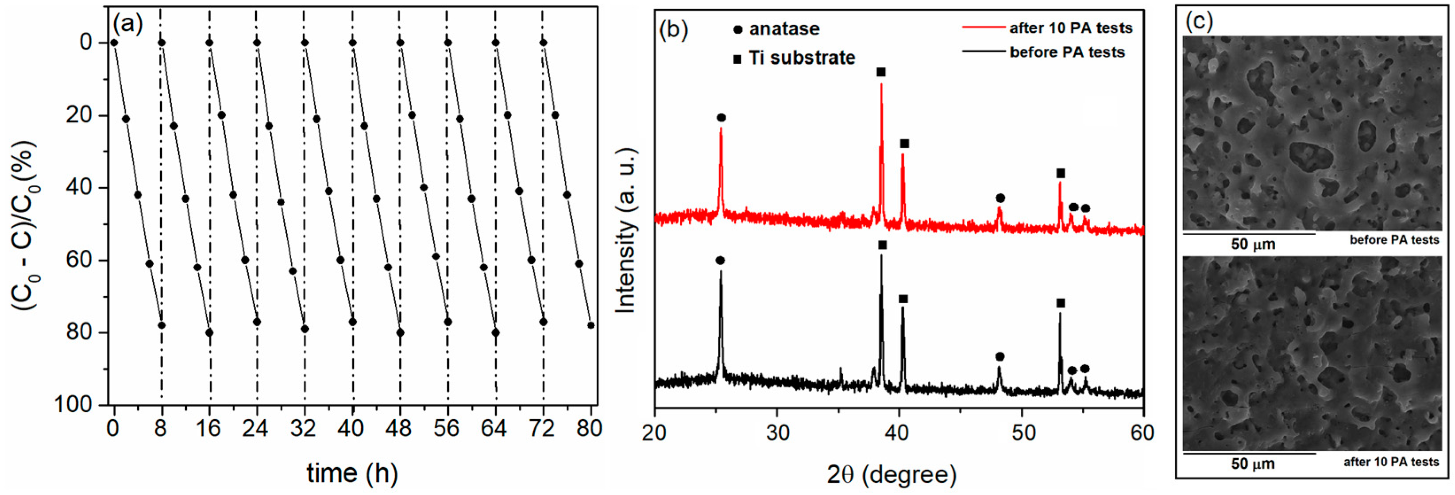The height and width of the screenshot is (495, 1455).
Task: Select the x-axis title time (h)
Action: coord(352,472)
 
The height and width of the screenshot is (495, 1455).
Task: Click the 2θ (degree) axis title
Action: coord(892,474)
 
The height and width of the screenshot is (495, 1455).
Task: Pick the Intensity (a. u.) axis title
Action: coord(625,231)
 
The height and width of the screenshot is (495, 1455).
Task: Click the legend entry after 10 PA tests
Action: coord(1070,28)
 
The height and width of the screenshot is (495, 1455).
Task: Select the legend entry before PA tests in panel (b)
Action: coord(1066,52)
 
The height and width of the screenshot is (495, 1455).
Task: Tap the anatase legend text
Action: coord(784,29)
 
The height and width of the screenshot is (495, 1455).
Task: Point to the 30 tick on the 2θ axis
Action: coord(777,433)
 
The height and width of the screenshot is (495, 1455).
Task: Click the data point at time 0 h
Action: coord(114,43)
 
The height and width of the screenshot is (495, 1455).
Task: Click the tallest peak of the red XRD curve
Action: coord(881,85)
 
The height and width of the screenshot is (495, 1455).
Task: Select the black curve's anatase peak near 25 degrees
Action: coord(721,272)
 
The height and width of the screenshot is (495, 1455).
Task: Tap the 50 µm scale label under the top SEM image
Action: coord(1253,244)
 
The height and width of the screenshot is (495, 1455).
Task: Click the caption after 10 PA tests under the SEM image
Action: coord(1391,462)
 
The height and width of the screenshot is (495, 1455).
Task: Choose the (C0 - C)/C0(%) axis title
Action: coord(24,225)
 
